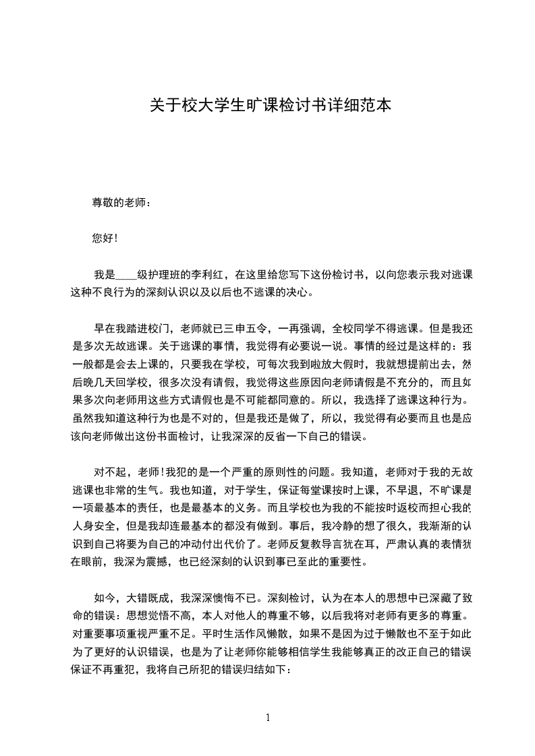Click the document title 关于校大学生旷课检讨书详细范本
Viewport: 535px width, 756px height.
pos(269,106)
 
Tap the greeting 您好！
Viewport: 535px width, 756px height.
pos(105,238)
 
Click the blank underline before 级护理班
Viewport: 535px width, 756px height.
pos(126,275)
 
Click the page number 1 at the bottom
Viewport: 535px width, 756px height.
pos(268,718)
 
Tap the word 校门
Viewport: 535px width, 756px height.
pos(159,329)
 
